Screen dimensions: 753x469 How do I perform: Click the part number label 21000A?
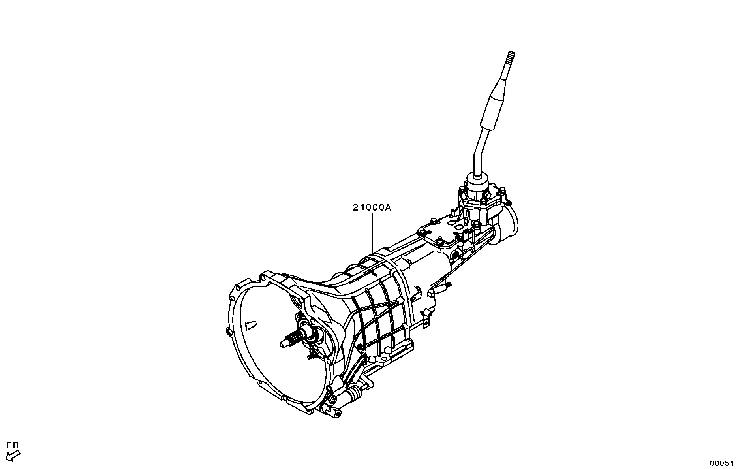pos(372,207)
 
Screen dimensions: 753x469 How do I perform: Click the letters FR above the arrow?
pos(13,445)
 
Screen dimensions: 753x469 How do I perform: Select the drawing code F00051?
pos(720,462)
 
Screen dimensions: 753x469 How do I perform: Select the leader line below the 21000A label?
pos(372,233)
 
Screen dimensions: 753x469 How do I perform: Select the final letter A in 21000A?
pos(388,207)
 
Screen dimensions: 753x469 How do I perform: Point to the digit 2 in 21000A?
pos(356,207)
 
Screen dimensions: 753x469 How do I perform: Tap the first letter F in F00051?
pos(708,462)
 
